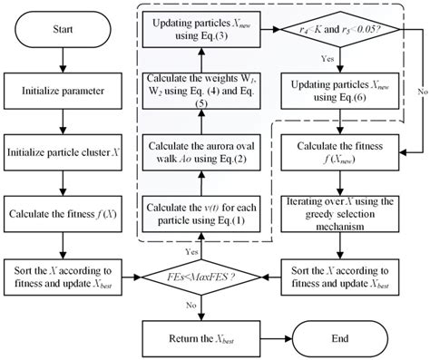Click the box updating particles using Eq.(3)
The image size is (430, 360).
click(204, 30)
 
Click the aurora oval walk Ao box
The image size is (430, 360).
click(204, 151)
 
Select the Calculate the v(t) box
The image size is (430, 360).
click(204, 215)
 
